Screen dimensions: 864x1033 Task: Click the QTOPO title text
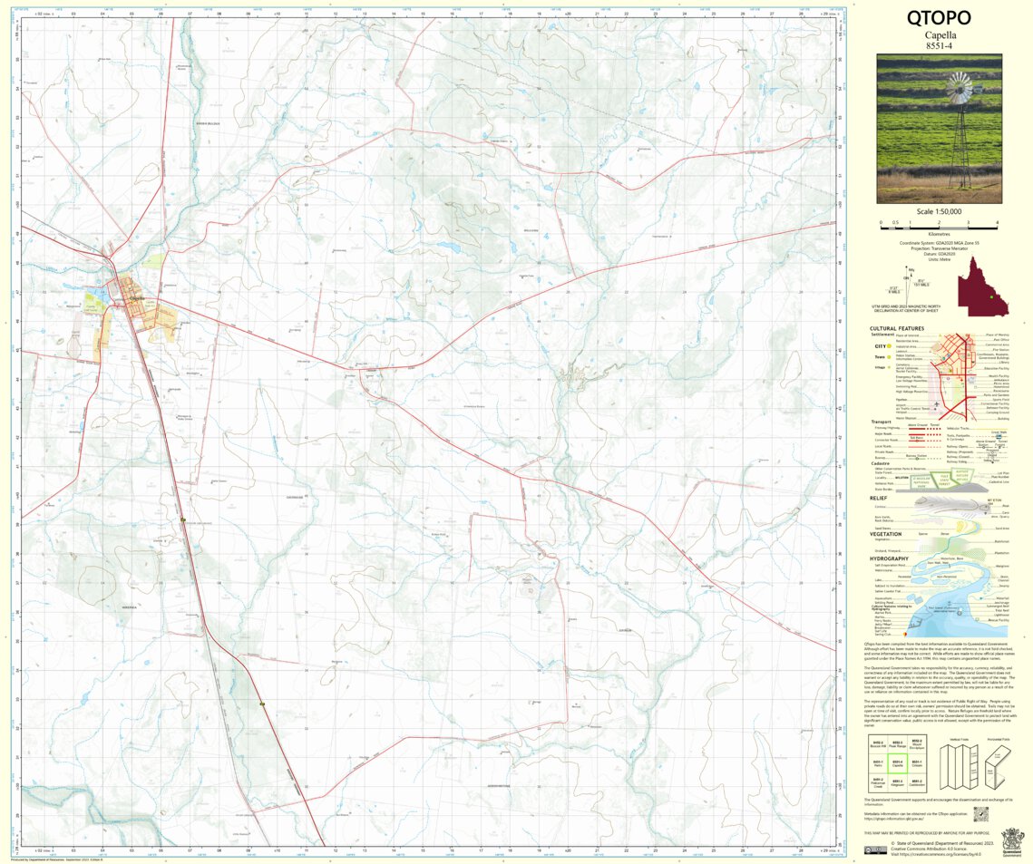[x=939, y=18]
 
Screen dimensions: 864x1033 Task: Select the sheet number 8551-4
[x=939, y=45]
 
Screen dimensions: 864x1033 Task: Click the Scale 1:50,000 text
[x=939, y=212]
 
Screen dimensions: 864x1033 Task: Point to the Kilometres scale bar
[x=939, y=223]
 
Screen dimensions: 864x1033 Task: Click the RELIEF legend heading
[x=877, y=498]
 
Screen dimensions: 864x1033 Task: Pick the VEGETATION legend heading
[x=885, y=534]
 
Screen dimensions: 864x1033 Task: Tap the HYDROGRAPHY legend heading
[x=890, y=558]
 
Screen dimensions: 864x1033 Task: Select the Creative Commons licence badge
[x=875, y=850]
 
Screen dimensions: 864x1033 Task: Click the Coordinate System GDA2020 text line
[x=939, y=242]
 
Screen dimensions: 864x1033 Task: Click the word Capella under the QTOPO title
[x=939, y=34]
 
